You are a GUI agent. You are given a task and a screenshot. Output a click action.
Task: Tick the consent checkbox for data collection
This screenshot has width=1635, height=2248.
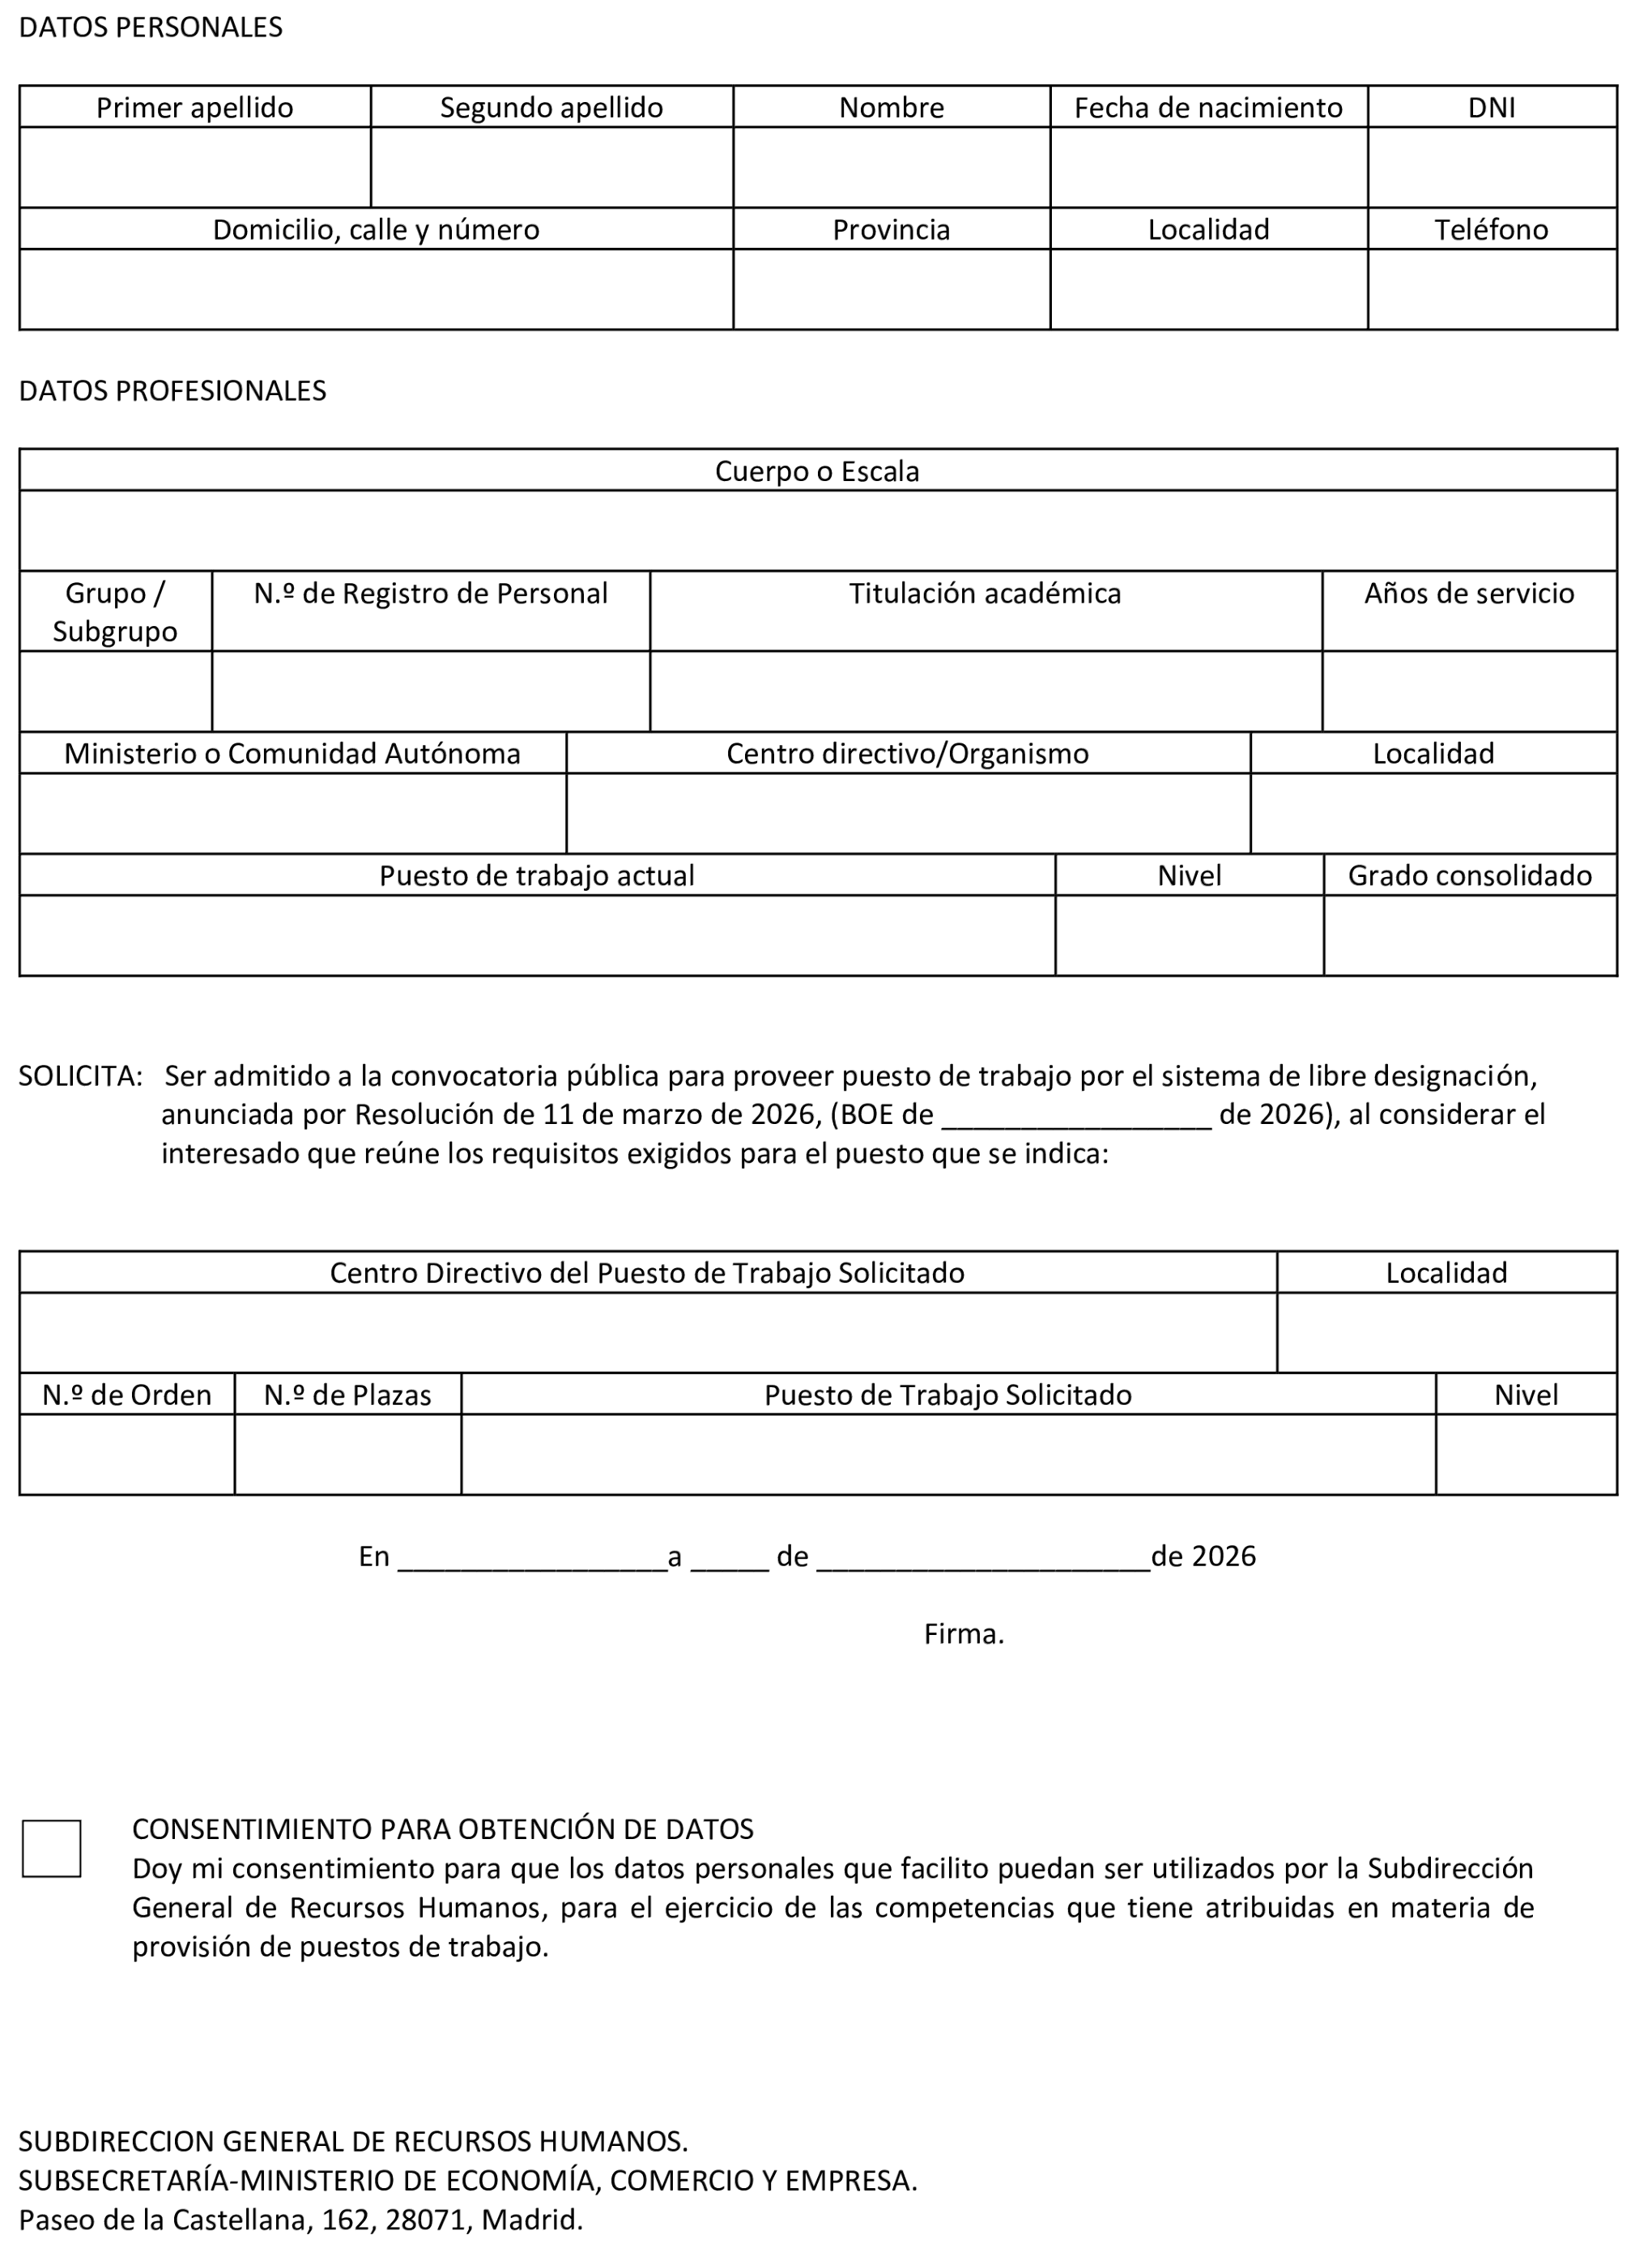click(52, 1849)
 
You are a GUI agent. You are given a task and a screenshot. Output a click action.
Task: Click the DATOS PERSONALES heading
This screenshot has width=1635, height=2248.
click(151, 28)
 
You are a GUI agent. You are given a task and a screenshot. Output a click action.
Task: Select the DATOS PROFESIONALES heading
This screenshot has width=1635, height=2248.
click(172, 390)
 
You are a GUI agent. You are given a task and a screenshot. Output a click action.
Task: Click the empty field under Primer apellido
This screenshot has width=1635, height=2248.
click(194, 168)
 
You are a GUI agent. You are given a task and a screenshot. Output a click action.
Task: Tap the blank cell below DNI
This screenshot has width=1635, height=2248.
click(1492, 168)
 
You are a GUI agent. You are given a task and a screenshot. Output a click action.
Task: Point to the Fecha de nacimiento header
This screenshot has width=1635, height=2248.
click(1208, 107)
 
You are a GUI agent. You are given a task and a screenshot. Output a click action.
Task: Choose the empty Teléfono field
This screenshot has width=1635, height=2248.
click(1492, 289)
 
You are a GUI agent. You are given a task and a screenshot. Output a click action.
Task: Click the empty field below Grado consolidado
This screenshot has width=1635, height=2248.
click(1470, 935)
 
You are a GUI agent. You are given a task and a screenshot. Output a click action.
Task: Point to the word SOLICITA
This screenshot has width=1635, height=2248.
click(80, 1076)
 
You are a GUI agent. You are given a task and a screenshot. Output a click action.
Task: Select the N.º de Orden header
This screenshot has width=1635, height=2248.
click(127, 1395)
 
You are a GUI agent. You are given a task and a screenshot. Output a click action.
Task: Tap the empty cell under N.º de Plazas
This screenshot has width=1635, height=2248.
click(347, 1455)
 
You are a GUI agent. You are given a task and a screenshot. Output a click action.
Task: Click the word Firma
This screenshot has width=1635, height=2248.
click(963, 1634)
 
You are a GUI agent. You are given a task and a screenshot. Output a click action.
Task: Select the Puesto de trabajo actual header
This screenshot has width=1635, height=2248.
click(536, 876)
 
